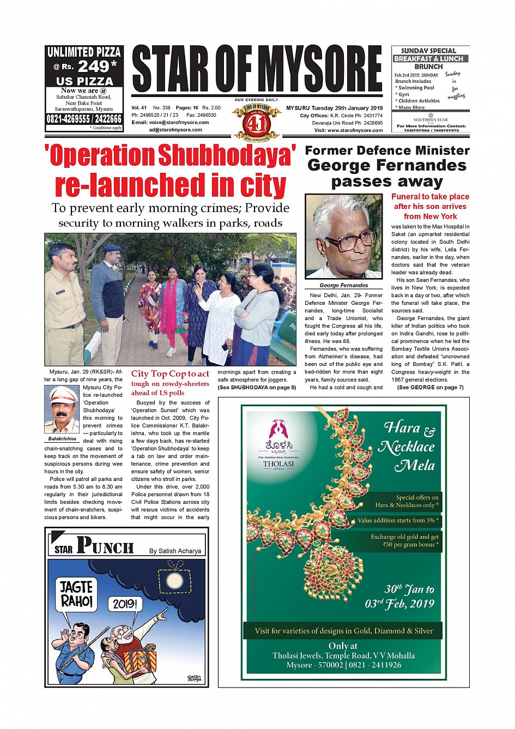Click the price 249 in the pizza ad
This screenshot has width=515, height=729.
point(94,67)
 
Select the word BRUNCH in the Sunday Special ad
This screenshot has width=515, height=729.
point(429,67)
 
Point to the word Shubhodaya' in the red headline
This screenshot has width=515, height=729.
point(227,156)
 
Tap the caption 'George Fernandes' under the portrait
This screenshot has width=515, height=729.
point(343,285)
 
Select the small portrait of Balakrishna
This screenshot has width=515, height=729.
point(62,409)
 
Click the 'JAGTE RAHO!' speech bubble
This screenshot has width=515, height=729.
point(76,594)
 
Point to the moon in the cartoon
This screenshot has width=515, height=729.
point(174,579)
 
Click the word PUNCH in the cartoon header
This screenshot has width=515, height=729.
point(105,546)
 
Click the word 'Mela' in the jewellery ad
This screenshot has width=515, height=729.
point(415,466)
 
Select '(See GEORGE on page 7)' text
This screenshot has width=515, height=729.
point(430,387)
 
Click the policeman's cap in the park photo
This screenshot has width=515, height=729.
point(111,249)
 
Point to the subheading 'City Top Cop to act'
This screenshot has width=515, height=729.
point(170,373)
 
